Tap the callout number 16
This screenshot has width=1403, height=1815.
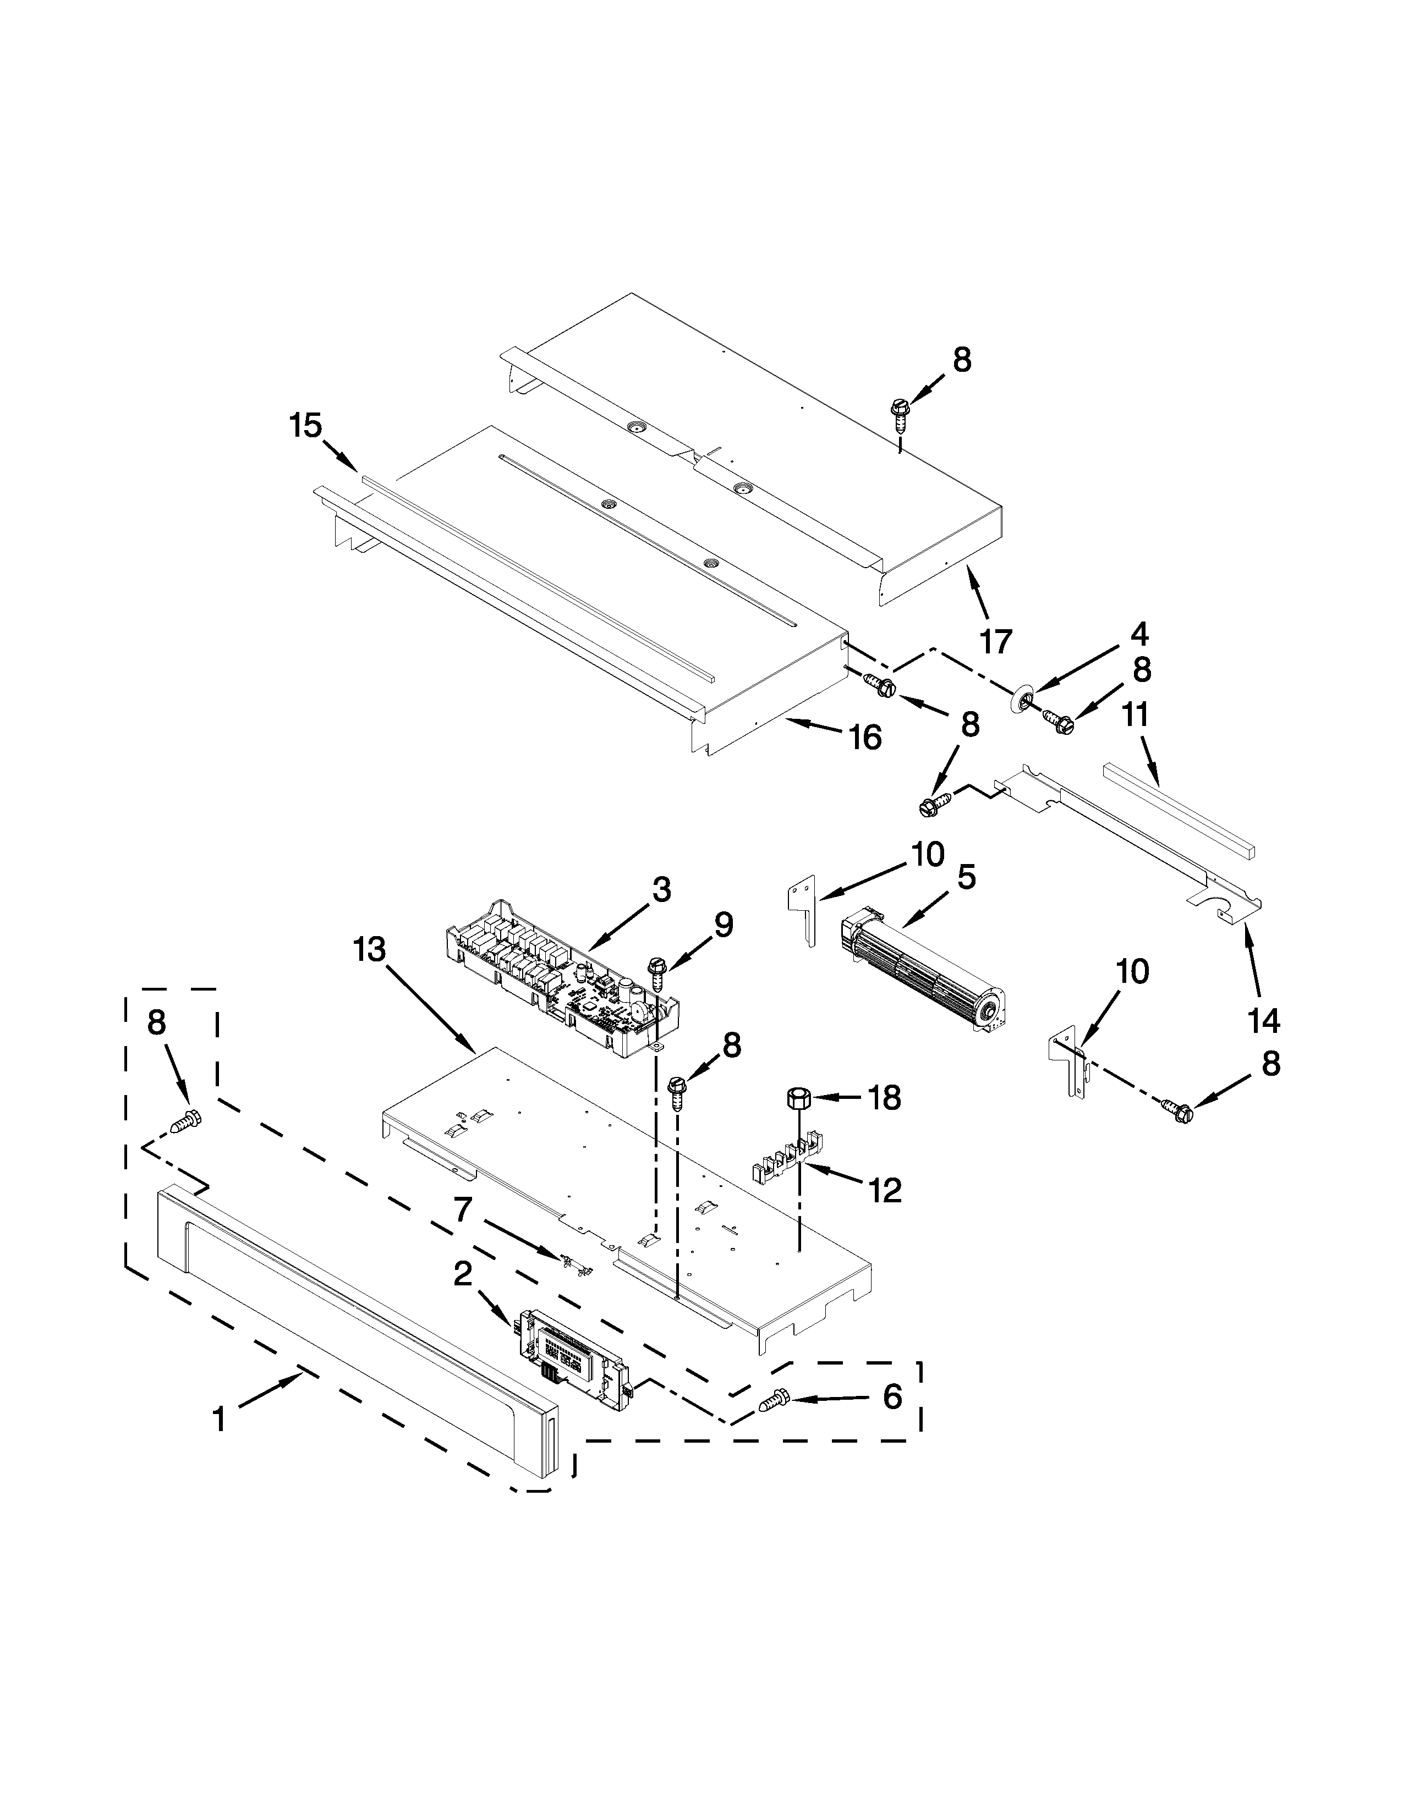865,737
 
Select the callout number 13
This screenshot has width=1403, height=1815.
369,950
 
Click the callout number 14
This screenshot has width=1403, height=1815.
1263,1020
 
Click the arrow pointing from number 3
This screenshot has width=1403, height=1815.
617,927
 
